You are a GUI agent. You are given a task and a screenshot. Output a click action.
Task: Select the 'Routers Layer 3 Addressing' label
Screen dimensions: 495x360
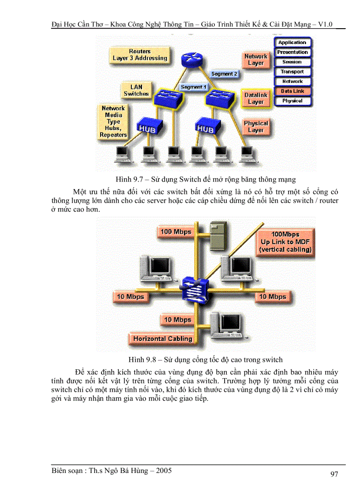pyautogui.click(x=140, y=55)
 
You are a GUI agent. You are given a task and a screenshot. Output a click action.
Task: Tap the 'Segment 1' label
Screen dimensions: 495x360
pyautogui.click(x=194, y=87)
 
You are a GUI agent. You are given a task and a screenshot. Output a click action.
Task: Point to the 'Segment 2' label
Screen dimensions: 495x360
pyautogui.click(x=224, y=74)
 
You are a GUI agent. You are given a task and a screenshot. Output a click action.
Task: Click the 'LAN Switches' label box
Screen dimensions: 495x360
pyautogui.click(x=136, y=90)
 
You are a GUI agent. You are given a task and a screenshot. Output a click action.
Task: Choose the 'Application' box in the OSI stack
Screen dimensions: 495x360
pyautogui.click(x=292, y=43)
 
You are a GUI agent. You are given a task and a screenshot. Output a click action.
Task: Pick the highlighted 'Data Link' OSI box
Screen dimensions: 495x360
pyautogui.click(x=292, y=91)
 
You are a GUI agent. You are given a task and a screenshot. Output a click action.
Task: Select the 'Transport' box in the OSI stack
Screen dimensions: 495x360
pyautogui.click(x=292, y=72)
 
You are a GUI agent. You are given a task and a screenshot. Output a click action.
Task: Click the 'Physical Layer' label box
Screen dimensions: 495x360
pyautogui.click(x=256, y=127)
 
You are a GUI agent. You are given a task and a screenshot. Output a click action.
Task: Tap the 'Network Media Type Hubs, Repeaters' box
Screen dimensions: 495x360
pyautogui.click(x=113, y=121)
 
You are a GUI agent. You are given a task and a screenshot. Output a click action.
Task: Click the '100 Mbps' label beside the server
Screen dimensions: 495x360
pyautogui.click(x=176, y=232)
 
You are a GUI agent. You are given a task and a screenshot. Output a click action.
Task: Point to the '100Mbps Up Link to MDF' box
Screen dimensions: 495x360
pyautogui.click(x=286, y=242)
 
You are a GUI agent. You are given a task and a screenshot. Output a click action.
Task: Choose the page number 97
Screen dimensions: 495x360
pyautogui.click(x=334, y=474)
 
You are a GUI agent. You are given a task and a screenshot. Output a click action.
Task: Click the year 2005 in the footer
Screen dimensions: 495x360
pyautogui.click(x=163, y=471)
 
